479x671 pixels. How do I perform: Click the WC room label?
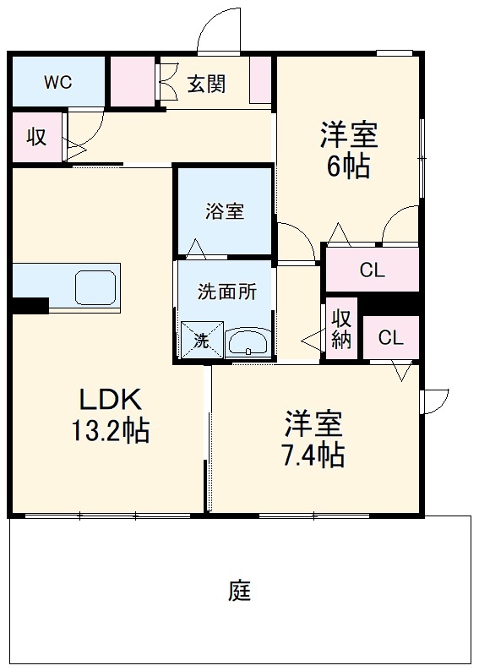point(57,82)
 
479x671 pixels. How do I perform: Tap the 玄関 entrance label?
point(205,84)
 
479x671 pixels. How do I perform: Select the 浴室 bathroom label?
point(224,211)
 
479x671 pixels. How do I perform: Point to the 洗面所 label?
point(226,292)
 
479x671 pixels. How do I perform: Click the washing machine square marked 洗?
point(202,340)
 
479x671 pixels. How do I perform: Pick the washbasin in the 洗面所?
point(248,342)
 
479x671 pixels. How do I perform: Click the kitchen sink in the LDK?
point(96,288)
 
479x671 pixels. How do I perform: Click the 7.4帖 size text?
point(312,455)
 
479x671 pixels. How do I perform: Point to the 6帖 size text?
point(347,166)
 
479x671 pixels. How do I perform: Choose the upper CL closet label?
point(372,270)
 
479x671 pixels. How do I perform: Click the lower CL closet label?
point(390,338)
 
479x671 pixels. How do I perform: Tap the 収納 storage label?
point(341,330)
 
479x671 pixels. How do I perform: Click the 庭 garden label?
point(239,590)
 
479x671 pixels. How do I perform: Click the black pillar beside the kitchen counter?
point(30,305)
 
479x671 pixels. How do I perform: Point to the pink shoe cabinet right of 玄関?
point(262,83)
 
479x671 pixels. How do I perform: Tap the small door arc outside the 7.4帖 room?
point(435,399)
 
